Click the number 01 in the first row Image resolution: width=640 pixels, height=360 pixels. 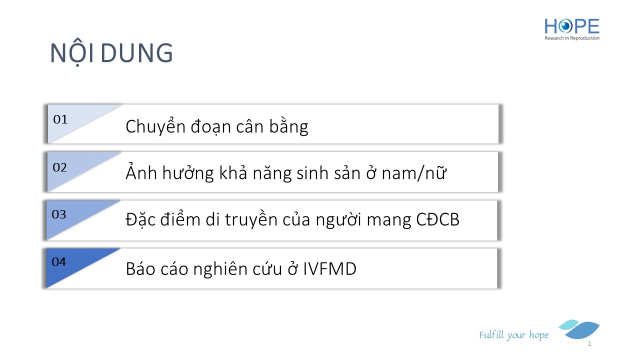(60, 119)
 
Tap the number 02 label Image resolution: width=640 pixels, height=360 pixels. (59, 167)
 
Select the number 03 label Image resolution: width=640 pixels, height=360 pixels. (59, 214)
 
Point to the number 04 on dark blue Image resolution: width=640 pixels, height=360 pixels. (59, 262)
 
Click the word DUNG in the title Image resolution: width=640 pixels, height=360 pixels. (136, 53)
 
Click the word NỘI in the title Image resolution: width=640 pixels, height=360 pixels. (72, 52)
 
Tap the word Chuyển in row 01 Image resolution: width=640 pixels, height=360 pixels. (155, 126)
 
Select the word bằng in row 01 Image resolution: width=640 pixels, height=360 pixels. (288, 126)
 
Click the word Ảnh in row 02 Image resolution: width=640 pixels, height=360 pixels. (141, 172)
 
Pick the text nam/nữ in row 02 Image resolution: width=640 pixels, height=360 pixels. (414, 173)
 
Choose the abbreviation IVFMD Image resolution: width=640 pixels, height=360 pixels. (329, 269)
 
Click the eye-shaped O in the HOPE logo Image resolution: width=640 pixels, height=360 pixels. (565, 26)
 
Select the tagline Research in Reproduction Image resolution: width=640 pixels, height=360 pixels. (571, 38)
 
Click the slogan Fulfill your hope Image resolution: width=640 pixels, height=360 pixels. (513, 335)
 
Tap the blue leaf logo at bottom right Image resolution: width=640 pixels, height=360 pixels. (579, 329)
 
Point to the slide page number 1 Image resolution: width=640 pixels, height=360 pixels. (589, 343)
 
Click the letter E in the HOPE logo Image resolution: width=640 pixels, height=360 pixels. (593, 26)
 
